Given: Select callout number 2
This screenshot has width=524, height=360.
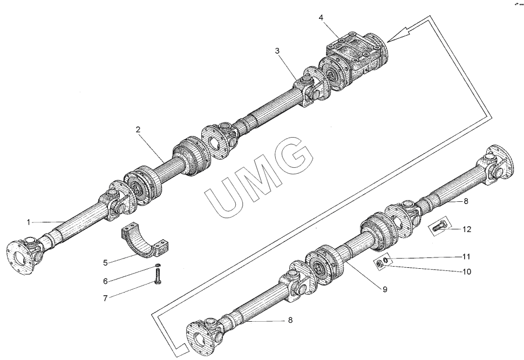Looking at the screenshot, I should coord(138,130).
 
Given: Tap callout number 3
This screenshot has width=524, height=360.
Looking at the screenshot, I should coord(277,51).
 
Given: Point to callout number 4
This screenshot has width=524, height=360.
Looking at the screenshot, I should coord(321,18).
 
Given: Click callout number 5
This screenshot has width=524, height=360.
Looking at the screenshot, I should coord(106,262).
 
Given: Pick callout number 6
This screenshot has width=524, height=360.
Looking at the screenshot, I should coord(106,281).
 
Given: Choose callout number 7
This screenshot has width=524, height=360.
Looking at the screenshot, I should coord(106,297).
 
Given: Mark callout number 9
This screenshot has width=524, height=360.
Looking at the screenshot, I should coord(385,290).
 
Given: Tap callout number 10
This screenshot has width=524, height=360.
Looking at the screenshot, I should coord(467,271).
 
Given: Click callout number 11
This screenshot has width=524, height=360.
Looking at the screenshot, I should coord(467,256).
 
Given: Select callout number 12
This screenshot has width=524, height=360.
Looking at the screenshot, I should coord(467,229).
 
